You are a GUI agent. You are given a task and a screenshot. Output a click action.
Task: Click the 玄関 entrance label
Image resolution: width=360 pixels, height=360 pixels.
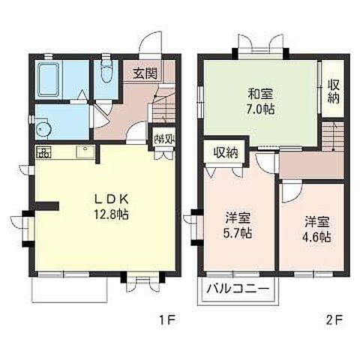(x=145, y=73)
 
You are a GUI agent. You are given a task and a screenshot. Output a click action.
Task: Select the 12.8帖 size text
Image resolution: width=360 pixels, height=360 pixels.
(x=112, y=214)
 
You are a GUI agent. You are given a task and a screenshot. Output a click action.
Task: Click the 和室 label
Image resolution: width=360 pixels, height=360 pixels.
(x=260, y=94)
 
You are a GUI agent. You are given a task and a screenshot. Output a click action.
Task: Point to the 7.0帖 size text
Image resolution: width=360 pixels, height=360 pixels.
(x=260, y=109)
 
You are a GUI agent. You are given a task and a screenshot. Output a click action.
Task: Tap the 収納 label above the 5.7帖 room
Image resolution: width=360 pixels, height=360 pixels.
(x=225, y=152)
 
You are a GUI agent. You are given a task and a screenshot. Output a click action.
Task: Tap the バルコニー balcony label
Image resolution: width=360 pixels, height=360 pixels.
(x=239, y=289)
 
